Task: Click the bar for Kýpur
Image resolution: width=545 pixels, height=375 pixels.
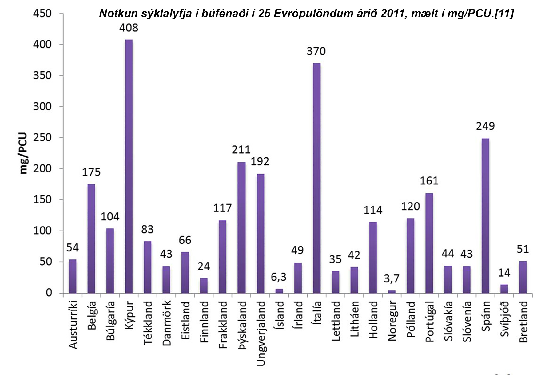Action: [129, 166]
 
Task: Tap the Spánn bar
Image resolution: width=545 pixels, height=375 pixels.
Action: [485, 215]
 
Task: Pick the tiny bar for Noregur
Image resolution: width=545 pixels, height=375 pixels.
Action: [392, 291]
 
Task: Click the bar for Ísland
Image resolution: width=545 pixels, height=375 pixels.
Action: [279, 291]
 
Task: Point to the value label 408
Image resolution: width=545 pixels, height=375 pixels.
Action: [129, 28]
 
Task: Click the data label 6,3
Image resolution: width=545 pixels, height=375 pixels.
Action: [279, 277]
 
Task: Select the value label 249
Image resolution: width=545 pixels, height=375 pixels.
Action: [485, 126]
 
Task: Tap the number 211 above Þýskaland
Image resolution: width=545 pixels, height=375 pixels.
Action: [241, 150]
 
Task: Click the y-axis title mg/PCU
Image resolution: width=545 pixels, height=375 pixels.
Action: [23, 154]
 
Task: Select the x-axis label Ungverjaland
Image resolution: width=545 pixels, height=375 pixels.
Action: [261, 333]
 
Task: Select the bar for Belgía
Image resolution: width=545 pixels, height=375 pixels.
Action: [91, 238]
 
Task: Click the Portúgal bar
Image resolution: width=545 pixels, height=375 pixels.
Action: [429, 243]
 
